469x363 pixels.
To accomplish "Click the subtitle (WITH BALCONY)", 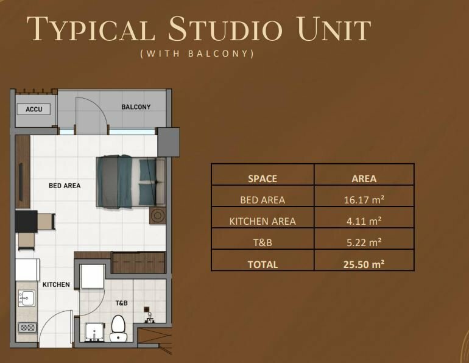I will [197, 54].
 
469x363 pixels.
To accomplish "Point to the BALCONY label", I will [136, 107].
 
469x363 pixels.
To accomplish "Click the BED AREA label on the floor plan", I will [65, 186].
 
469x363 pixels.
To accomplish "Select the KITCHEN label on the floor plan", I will [56, 284].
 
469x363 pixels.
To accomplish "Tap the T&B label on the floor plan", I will [122, 303].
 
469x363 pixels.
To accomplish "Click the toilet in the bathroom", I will [118, 328].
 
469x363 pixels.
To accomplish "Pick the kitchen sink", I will [26, 298].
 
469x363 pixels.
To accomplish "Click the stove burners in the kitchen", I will [27, 327].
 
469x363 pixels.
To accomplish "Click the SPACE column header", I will [263, 178].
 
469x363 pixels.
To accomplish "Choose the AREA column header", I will [364, 178].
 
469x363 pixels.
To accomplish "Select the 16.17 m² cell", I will [364, 200].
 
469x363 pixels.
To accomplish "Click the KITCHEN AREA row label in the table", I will [263, 221].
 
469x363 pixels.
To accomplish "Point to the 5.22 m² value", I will [364, 242].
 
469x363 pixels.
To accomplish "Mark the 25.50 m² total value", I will [364, 264].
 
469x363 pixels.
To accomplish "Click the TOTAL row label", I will [263, 264].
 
